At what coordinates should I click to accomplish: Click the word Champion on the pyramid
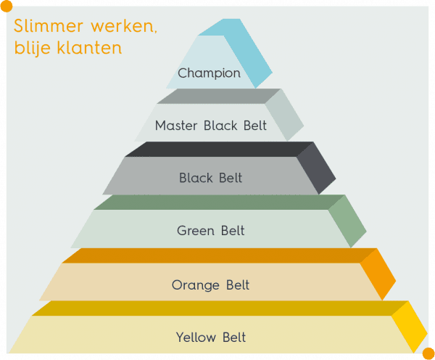(210, 73)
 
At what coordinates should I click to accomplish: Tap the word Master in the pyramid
(176, 126)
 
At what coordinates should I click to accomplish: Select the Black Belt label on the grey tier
(210, 178)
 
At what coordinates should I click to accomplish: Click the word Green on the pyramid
(196, 231)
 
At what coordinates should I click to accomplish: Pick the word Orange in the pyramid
(196, 285)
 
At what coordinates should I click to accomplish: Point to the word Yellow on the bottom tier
(196, 337)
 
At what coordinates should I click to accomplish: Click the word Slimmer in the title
(49, 26)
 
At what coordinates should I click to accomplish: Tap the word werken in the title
(124, 26)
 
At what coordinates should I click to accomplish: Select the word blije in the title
(33, 48)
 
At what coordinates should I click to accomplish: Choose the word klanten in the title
(89, 48)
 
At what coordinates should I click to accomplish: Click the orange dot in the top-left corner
(7, 6)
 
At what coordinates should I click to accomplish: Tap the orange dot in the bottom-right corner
(428, 353)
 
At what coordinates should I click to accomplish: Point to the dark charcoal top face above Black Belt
(219, 150)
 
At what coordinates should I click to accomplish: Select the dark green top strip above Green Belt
(219, 202)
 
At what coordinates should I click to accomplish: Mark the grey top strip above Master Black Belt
(219, 96)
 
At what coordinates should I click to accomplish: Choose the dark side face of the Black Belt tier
(317, 168)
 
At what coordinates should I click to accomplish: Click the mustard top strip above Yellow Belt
(219, 308)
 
